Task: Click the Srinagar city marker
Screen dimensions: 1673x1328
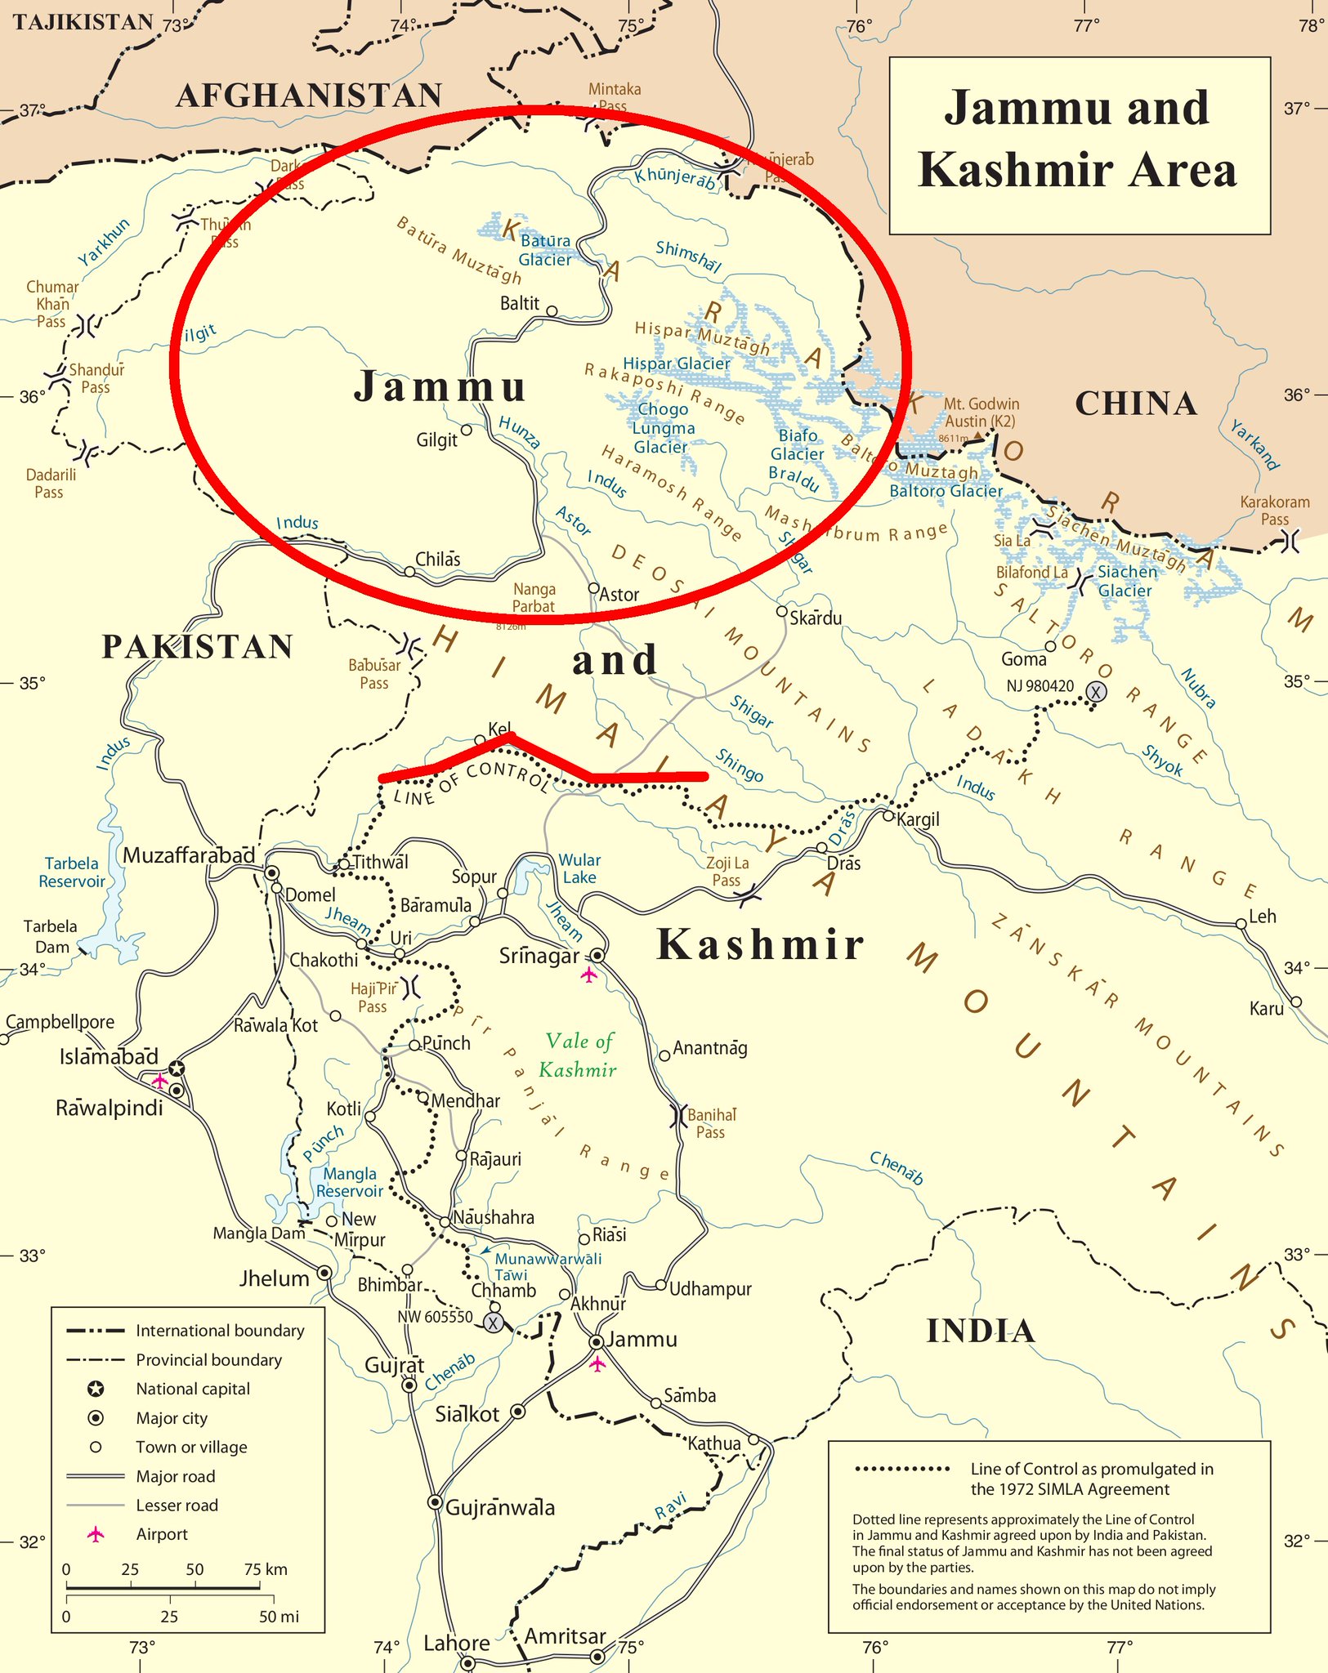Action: pyautogui.click(x=597, y=955)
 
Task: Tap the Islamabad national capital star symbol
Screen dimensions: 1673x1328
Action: pyautogui.click(x=177, y=1068)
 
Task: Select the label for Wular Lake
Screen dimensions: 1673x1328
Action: pyautogui.click(x=579, y=868)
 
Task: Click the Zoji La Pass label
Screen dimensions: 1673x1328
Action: pyautogui.click(x=727, y=872)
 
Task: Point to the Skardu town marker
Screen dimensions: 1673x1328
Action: pyautogui.click(x=782, y=611)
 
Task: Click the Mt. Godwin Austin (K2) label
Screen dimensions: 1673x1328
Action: pyautogui.click(x=980, y=413)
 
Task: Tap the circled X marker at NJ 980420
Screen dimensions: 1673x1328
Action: pyautogui.click(x=1096, y=692)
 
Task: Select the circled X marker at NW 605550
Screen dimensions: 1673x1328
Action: pyautogui.click(x=493, y=1323)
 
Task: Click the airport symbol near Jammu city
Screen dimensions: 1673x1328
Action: pyautogui.click(x=597, y=1363)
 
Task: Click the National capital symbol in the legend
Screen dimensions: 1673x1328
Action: pyautogui.click(x=96, y=1389)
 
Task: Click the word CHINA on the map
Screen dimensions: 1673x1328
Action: pyautogui.click(x=1136, y=404)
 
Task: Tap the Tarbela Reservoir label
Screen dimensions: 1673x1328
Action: pyautogui.click(x=72, y=872)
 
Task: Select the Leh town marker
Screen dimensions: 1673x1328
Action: pyautogui.click(x=1241, y=924)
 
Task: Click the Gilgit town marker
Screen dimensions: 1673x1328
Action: pyautogui.click(x=467, y=430)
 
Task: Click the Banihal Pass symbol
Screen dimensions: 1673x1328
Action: pyautogui.click(x=678, y=1116)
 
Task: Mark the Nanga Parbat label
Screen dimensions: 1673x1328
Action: pyautogui.click(x=534, y=598)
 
